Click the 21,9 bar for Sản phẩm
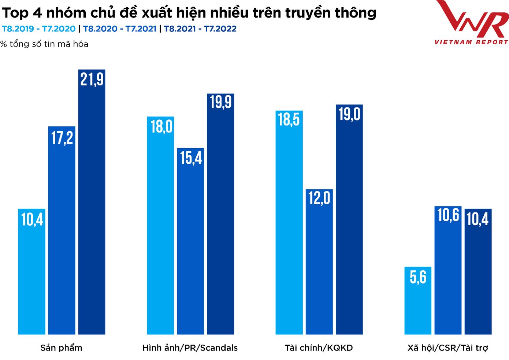coord(92,201)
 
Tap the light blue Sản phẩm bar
coord(31,271)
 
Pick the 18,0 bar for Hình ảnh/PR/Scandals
coord(160,225)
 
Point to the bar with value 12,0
coord(319,261)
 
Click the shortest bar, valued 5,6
coord(418,300)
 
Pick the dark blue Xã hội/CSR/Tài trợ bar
coord(478,271)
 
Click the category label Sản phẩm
coord(61,348)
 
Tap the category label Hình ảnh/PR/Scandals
coord(190,348)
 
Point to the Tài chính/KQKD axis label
coord(319,348)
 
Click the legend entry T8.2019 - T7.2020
coord(39,29)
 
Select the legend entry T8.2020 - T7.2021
coord(120,29)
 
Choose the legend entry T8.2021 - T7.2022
coord(200,29)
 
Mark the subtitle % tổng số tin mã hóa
coord(44,44)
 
